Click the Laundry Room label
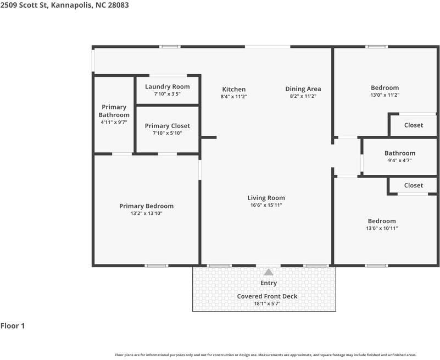[167, 87]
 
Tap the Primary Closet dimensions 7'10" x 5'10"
[167, 133]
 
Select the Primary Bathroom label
[114, 111]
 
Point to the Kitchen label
[234, 89]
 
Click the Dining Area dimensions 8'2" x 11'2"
[303, 96]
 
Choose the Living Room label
[266, 198]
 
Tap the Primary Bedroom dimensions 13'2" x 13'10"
[146, 213]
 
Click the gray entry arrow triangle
[269, 272]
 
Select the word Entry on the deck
[269, 283]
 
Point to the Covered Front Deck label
[267, 296]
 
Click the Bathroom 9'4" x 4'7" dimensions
[400, 160]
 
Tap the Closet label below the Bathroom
[414, 185]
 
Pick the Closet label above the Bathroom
[414, 125]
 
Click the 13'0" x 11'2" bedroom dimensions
[385, 95]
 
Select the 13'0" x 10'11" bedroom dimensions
[382, 228]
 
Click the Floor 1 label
[13, 326]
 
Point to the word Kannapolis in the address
[71, 5]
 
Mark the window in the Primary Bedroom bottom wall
[157, 265]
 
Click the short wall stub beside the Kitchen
[209, 137]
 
